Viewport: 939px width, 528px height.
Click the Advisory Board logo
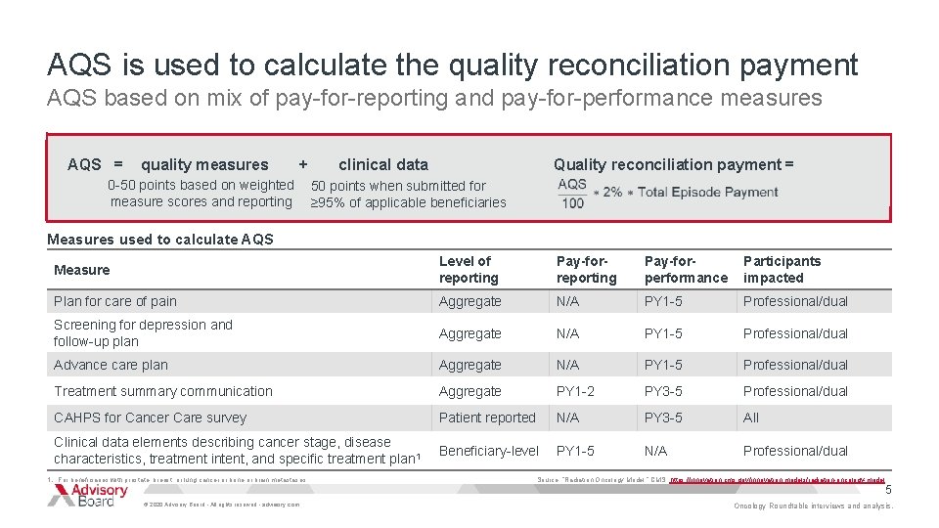point(89,496)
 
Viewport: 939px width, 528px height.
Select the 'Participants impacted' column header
point(782,270)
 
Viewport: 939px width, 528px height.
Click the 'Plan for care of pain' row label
point(115,301)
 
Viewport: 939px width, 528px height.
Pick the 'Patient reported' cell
point(487,418)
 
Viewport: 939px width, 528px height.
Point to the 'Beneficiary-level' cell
point(489,451)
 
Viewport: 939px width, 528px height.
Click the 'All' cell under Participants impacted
point(751,418)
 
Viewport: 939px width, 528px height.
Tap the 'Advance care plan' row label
point(111,365)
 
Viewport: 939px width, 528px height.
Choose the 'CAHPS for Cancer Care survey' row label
point(150,418)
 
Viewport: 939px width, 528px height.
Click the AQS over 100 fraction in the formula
point(572,193)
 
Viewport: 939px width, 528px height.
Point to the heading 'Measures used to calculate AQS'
point(160,240)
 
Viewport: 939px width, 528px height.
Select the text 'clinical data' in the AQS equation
point(383,165)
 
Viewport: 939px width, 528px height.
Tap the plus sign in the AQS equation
point(303,165)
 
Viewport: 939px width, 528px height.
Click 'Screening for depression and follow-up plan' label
point(143,333)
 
